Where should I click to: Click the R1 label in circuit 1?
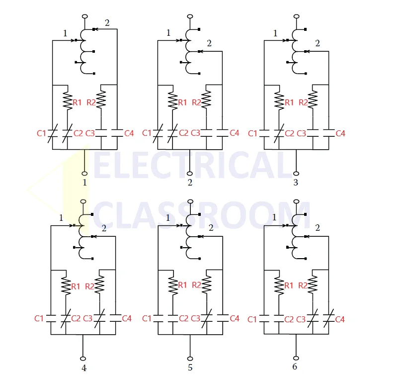click(77, 102)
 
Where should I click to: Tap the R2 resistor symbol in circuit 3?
click(313, 99)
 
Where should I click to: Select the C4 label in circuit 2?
click(235, 133)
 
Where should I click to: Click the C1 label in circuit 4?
click(39, 318)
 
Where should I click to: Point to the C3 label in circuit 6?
click(301, 319)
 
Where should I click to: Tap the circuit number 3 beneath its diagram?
click(296, 183)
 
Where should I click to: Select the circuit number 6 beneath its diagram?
click(295, 367)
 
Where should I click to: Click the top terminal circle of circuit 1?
click(84, 16)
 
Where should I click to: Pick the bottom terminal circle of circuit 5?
click(190, 359)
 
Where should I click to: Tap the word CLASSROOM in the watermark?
click(201, 215)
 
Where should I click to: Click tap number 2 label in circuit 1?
click(107, 23)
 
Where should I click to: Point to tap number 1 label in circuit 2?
click(168, 33)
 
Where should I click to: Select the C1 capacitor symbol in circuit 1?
click(53, 133)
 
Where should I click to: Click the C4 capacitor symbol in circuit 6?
click(329, 318)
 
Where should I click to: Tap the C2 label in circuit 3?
click(290, 133)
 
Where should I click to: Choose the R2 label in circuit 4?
click(89, 286)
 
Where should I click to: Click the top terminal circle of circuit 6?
click(297, 201)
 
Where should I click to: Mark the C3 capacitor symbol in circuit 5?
click(207, 318)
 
